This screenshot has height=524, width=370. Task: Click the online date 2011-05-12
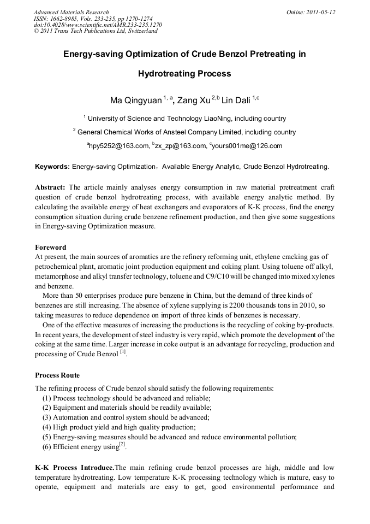[x=319, y=12]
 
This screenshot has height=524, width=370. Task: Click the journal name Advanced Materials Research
[x=71, y=12]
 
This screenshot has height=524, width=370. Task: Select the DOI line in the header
[x=98, y=25]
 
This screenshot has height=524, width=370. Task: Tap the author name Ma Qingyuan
[x=136, y=101]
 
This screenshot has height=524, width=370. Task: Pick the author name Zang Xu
[x=194, y=101]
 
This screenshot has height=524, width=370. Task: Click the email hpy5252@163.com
[x=120, y=146]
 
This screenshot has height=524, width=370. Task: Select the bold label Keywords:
[x=52, y=166]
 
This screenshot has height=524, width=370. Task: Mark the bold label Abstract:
[x=50, y=187]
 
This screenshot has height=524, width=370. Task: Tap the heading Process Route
[x=57, y=375]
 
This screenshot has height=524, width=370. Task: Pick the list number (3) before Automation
[x=47, y=417]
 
